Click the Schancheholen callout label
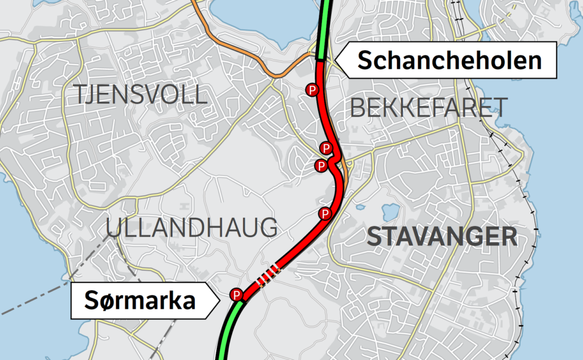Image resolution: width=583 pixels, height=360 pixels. point(449,60)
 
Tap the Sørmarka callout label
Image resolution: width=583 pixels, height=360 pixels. point(139,301)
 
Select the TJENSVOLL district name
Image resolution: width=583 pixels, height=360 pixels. point(140,94)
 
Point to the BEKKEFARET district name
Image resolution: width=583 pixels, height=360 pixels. point(428,107)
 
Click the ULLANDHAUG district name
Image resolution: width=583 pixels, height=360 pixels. point(192,227)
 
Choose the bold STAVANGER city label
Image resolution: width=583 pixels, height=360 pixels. point(442,237)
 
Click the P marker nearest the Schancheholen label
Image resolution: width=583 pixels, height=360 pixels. point(312,90)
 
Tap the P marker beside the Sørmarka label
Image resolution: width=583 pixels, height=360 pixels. point(237,295)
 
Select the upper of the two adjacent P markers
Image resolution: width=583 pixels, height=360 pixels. point(326,148)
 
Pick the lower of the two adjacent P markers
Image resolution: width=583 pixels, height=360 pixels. point(321,166)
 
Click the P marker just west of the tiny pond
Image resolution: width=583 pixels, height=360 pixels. point(325,214)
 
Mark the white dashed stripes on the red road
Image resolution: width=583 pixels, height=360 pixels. point(268,274)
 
